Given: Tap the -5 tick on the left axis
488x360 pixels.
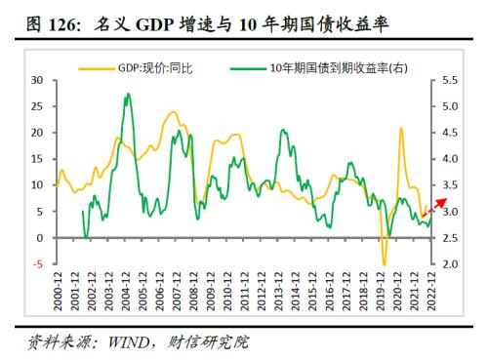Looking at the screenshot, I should click(x=36, y=264).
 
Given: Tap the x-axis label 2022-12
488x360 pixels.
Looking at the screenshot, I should click(x=428, y=294).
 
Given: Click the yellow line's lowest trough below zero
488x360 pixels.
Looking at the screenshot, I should click(x=384, y=263).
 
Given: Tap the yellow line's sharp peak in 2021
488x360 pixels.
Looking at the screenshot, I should click(x=401, y=128).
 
